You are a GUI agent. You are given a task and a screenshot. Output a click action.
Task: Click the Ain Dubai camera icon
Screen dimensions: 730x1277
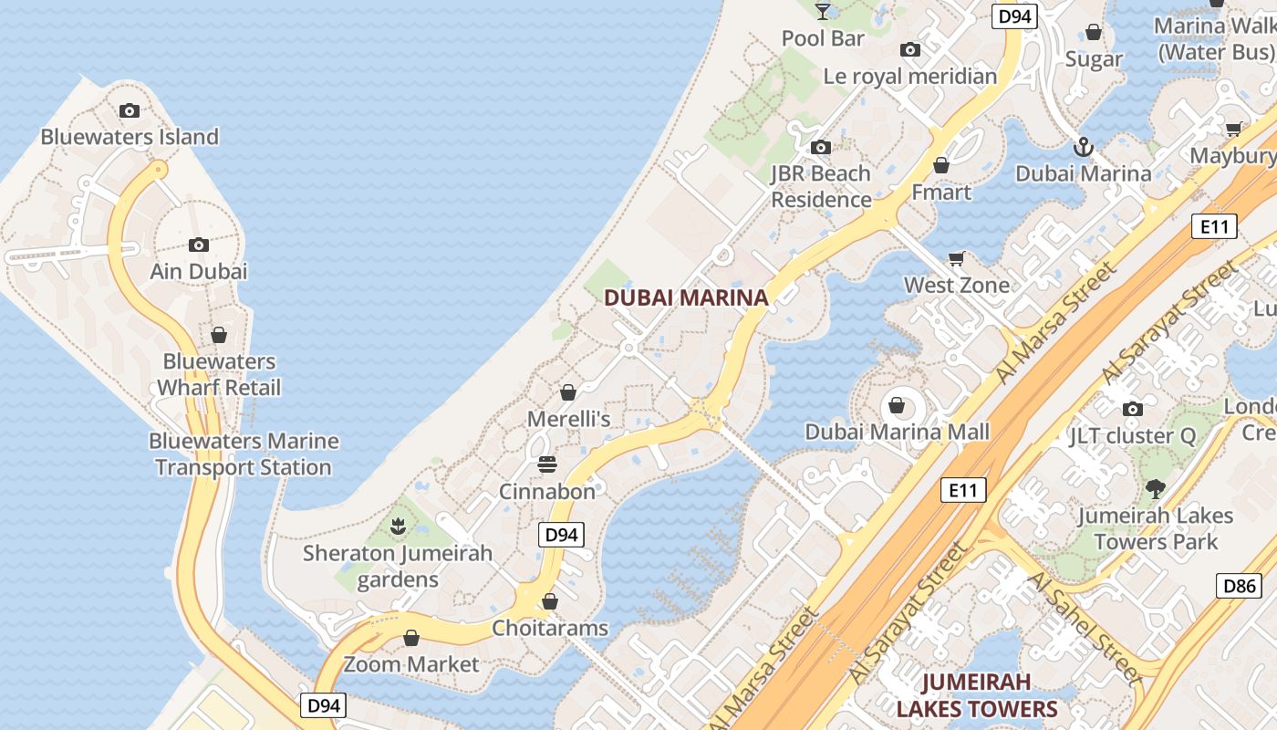point(199,245)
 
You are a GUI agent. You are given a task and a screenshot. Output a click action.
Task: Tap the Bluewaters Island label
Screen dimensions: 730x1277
point(130,137)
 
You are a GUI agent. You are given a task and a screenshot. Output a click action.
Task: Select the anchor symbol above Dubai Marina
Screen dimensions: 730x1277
point(1083,146)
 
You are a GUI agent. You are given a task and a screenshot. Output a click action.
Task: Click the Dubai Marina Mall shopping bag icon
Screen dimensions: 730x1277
point(897,405)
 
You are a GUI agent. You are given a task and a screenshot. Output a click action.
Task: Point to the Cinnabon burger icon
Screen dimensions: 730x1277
point(547,464)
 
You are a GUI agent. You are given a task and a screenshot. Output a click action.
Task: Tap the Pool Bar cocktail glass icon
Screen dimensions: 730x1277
point(823,11)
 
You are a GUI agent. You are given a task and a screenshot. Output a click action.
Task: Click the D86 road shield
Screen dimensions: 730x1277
point(1240,585)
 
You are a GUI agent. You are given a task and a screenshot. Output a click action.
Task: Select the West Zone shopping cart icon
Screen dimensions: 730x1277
point(956,259)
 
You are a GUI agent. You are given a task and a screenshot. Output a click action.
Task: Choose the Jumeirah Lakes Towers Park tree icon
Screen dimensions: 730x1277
point(1156,489)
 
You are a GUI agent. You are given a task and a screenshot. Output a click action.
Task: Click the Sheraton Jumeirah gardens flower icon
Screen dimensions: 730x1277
point(398,526)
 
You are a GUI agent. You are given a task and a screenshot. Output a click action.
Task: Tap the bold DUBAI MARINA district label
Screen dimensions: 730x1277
point(686,297)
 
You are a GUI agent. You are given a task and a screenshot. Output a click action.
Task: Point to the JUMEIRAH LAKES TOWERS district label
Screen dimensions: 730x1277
point(976,695)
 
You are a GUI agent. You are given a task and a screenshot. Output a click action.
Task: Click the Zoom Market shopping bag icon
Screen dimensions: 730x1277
point(411,637)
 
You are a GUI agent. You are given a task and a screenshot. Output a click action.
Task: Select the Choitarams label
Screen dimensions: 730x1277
point(550,628)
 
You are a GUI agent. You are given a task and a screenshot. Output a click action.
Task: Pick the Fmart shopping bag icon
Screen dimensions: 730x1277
point(941,165)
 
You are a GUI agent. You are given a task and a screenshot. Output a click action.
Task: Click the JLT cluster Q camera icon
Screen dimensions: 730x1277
point(1133,409)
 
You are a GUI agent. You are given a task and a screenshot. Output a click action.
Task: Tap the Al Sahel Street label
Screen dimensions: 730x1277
point(1085,629)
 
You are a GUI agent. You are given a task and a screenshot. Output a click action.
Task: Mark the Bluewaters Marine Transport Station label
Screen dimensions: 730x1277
point(244,454)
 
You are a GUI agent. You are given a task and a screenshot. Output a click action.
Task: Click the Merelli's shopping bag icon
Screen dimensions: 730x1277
point(568,392)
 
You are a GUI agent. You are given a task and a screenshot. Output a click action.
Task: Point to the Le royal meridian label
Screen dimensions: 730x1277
point(910,76)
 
